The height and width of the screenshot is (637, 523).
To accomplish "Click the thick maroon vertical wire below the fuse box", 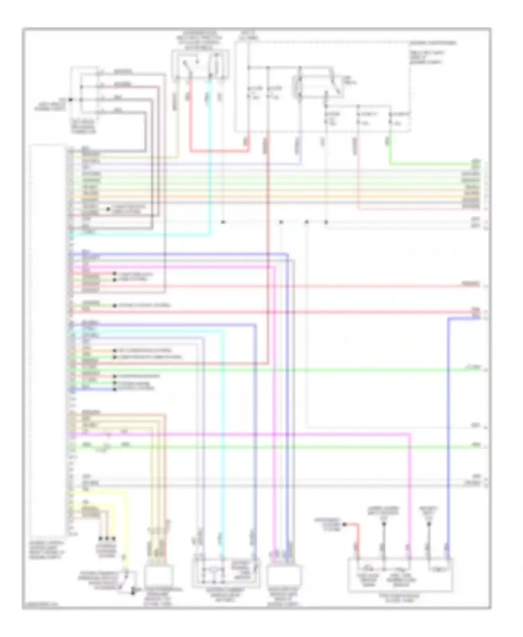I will pyautogui.click(x=268, y=244).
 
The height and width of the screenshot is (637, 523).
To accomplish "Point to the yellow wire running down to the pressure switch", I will pyautogui.click(x=127, y=523).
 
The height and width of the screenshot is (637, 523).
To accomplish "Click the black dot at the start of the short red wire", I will pyautogui.click(x=344, y=524).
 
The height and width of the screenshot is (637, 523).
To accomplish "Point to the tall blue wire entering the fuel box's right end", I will pyautogui.click(x=448, y=436).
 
